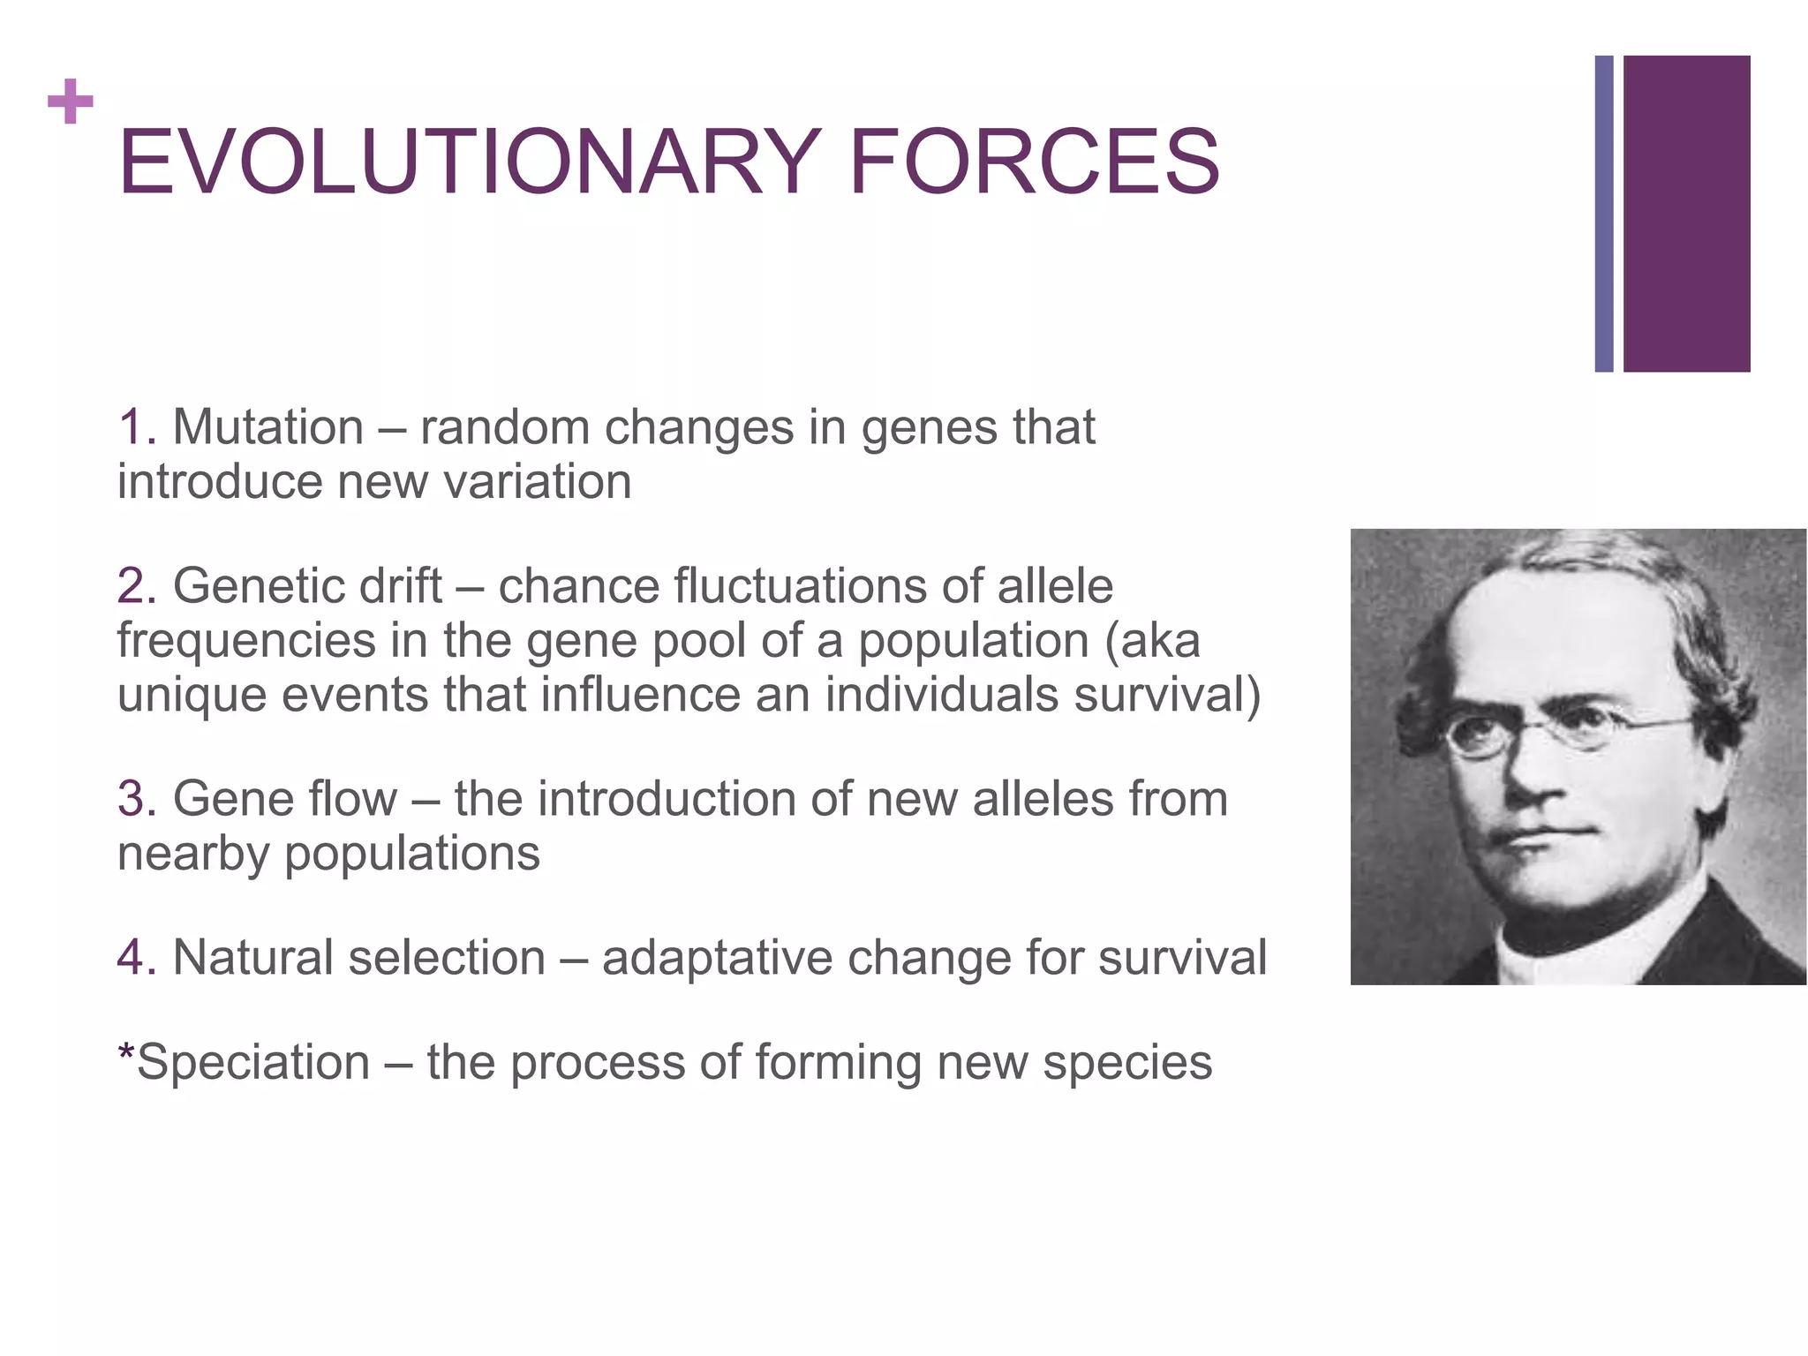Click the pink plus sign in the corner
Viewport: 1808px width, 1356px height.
click(x=71, y=102)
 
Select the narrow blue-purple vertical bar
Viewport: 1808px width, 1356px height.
click(x=1603, y=214)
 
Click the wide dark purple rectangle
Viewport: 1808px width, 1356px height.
click(x=1686, y=214)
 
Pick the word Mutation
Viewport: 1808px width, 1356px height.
click(x=267, y=428)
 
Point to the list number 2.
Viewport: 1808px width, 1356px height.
click(x=134, y=587)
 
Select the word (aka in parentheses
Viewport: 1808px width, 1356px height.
click(x=1152, y=642)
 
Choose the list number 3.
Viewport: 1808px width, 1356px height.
click(x=134, y=800)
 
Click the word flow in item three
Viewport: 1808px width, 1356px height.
click(x=352, y=800)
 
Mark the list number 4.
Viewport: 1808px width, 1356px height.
click(x=134, y=959)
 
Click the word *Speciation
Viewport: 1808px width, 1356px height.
click(x=244, y=1063)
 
